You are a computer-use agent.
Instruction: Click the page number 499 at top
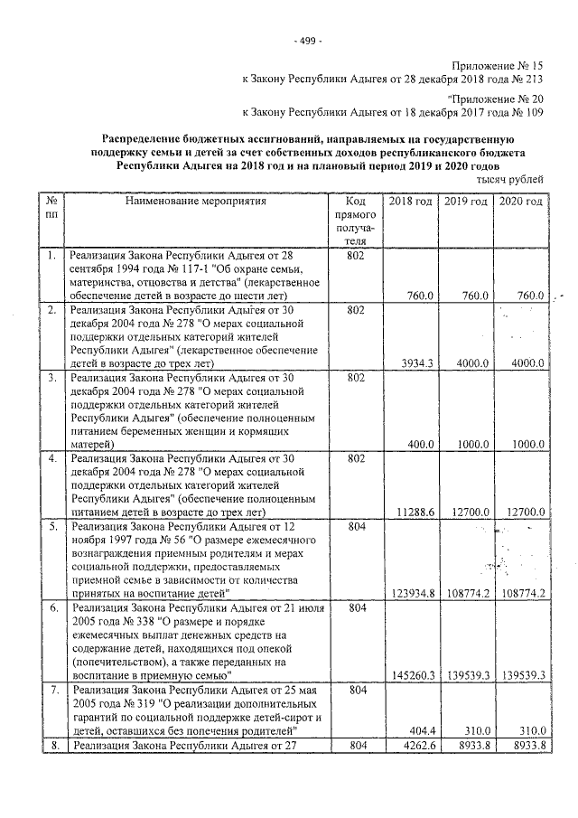click(x=308, y=41)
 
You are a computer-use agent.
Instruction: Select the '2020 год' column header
click(x=521, y=201)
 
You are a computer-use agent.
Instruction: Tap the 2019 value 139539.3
click(x=468, y=674)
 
